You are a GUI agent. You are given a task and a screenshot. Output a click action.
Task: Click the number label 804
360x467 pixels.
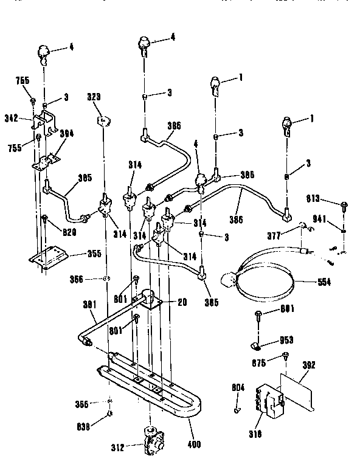point(239,386)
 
